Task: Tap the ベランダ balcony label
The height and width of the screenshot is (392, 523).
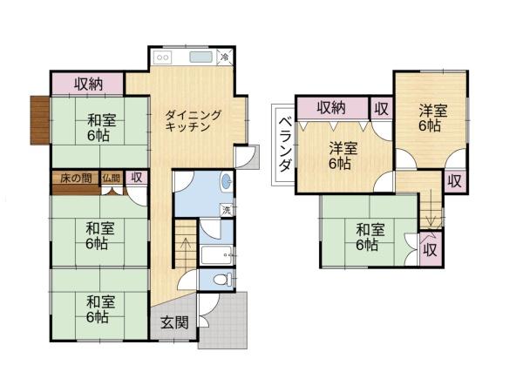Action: [x=284, y=145]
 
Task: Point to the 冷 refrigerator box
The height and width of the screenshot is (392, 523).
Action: [x=225, y=57]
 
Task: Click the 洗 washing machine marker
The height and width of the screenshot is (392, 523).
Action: [x=226, y=209]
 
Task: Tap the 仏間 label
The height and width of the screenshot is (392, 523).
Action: [x=112, y=179]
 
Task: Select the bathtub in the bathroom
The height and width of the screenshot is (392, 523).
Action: [x=214, y=256]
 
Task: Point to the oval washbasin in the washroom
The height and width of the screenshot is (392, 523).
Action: [x=227, y=182]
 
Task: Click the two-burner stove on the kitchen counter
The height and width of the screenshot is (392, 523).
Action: [x=164, y=58]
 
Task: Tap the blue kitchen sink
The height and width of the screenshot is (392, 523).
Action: [x=201, y=58]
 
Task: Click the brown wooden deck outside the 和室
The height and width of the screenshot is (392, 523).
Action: [x=39, y=120]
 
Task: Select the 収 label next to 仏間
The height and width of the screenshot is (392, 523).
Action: [x=136, y=178]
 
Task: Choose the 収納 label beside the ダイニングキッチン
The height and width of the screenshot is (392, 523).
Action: [x=89, y=84]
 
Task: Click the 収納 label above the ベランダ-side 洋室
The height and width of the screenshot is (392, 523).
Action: [x=331, y=108]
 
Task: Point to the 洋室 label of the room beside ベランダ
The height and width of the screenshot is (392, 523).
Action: [x=340, y=155]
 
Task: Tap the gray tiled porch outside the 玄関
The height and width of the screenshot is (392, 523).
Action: [x=226, y=322]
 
